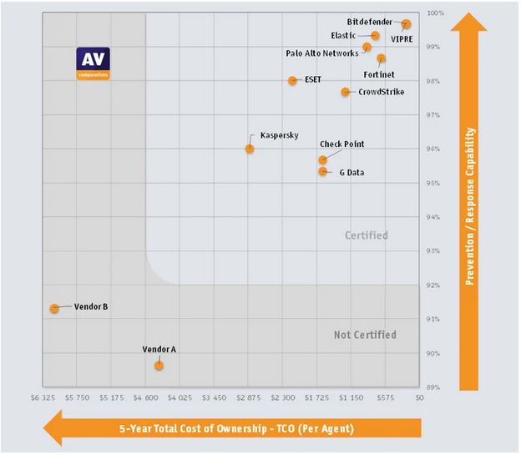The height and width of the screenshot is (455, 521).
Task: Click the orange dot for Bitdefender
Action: pos(406,24)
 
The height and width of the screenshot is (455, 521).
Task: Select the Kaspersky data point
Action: pos(250,149)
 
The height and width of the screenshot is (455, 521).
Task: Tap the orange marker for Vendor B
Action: pos(54,308)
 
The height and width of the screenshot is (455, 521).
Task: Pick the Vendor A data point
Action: pos(159,366)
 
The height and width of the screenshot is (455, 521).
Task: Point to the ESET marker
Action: pos(292,81)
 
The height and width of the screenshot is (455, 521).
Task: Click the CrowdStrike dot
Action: pos(346,92)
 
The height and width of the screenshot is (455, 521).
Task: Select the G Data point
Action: pos(322,171)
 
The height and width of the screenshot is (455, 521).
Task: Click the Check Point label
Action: pos(341,144)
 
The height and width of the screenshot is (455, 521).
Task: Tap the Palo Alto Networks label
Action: pos(321,53)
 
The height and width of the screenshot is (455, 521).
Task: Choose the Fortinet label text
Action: pos(379,74)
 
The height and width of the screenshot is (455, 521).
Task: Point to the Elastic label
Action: pos(343,36)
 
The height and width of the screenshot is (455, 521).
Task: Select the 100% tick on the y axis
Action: pos(435,13)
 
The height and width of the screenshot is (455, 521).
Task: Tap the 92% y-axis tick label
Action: pos(433,286)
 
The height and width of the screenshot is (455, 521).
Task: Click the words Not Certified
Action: pos(365,335)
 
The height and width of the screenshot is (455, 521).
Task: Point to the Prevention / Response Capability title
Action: pos(470,206)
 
